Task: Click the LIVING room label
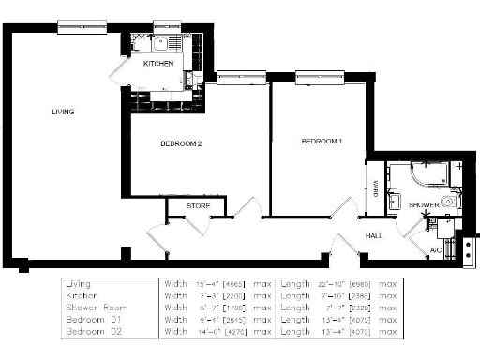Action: pyautogui.click(x=63, y=112)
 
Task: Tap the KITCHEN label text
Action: pyautogui.click(x=157, y=64)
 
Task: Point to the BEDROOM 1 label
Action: pyautogui.click(x=322, y=142)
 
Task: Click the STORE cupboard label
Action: pyautogui.click(x=198, y=206)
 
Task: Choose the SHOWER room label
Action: pyautogui.click(x=424, y=203)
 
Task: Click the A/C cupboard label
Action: pyautogui.click(x=436, y=250)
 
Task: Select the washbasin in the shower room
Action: pyautogui.click(x=395, y=199)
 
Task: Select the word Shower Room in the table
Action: pyautogui.click(x=93, y=307)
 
